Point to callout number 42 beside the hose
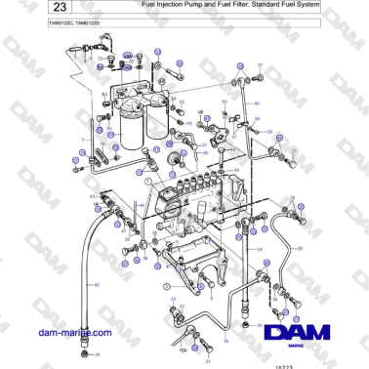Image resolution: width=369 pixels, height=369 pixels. pyautogui.click(x=96, y=284)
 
